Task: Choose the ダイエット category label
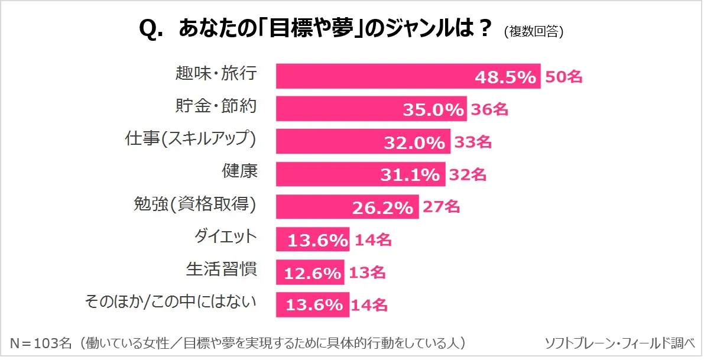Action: [226, 237]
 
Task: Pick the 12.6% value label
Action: [312, 273]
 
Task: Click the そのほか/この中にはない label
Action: [171, 303]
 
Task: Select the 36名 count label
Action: [489, 109]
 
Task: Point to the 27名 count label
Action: [440, 207]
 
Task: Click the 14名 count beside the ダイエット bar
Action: [372, 239]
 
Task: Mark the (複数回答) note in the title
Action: [534, 32]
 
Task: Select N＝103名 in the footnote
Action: [41, 343]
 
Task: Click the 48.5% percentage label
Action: [506, 77]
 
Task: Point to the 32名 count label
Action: [468, 174]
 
